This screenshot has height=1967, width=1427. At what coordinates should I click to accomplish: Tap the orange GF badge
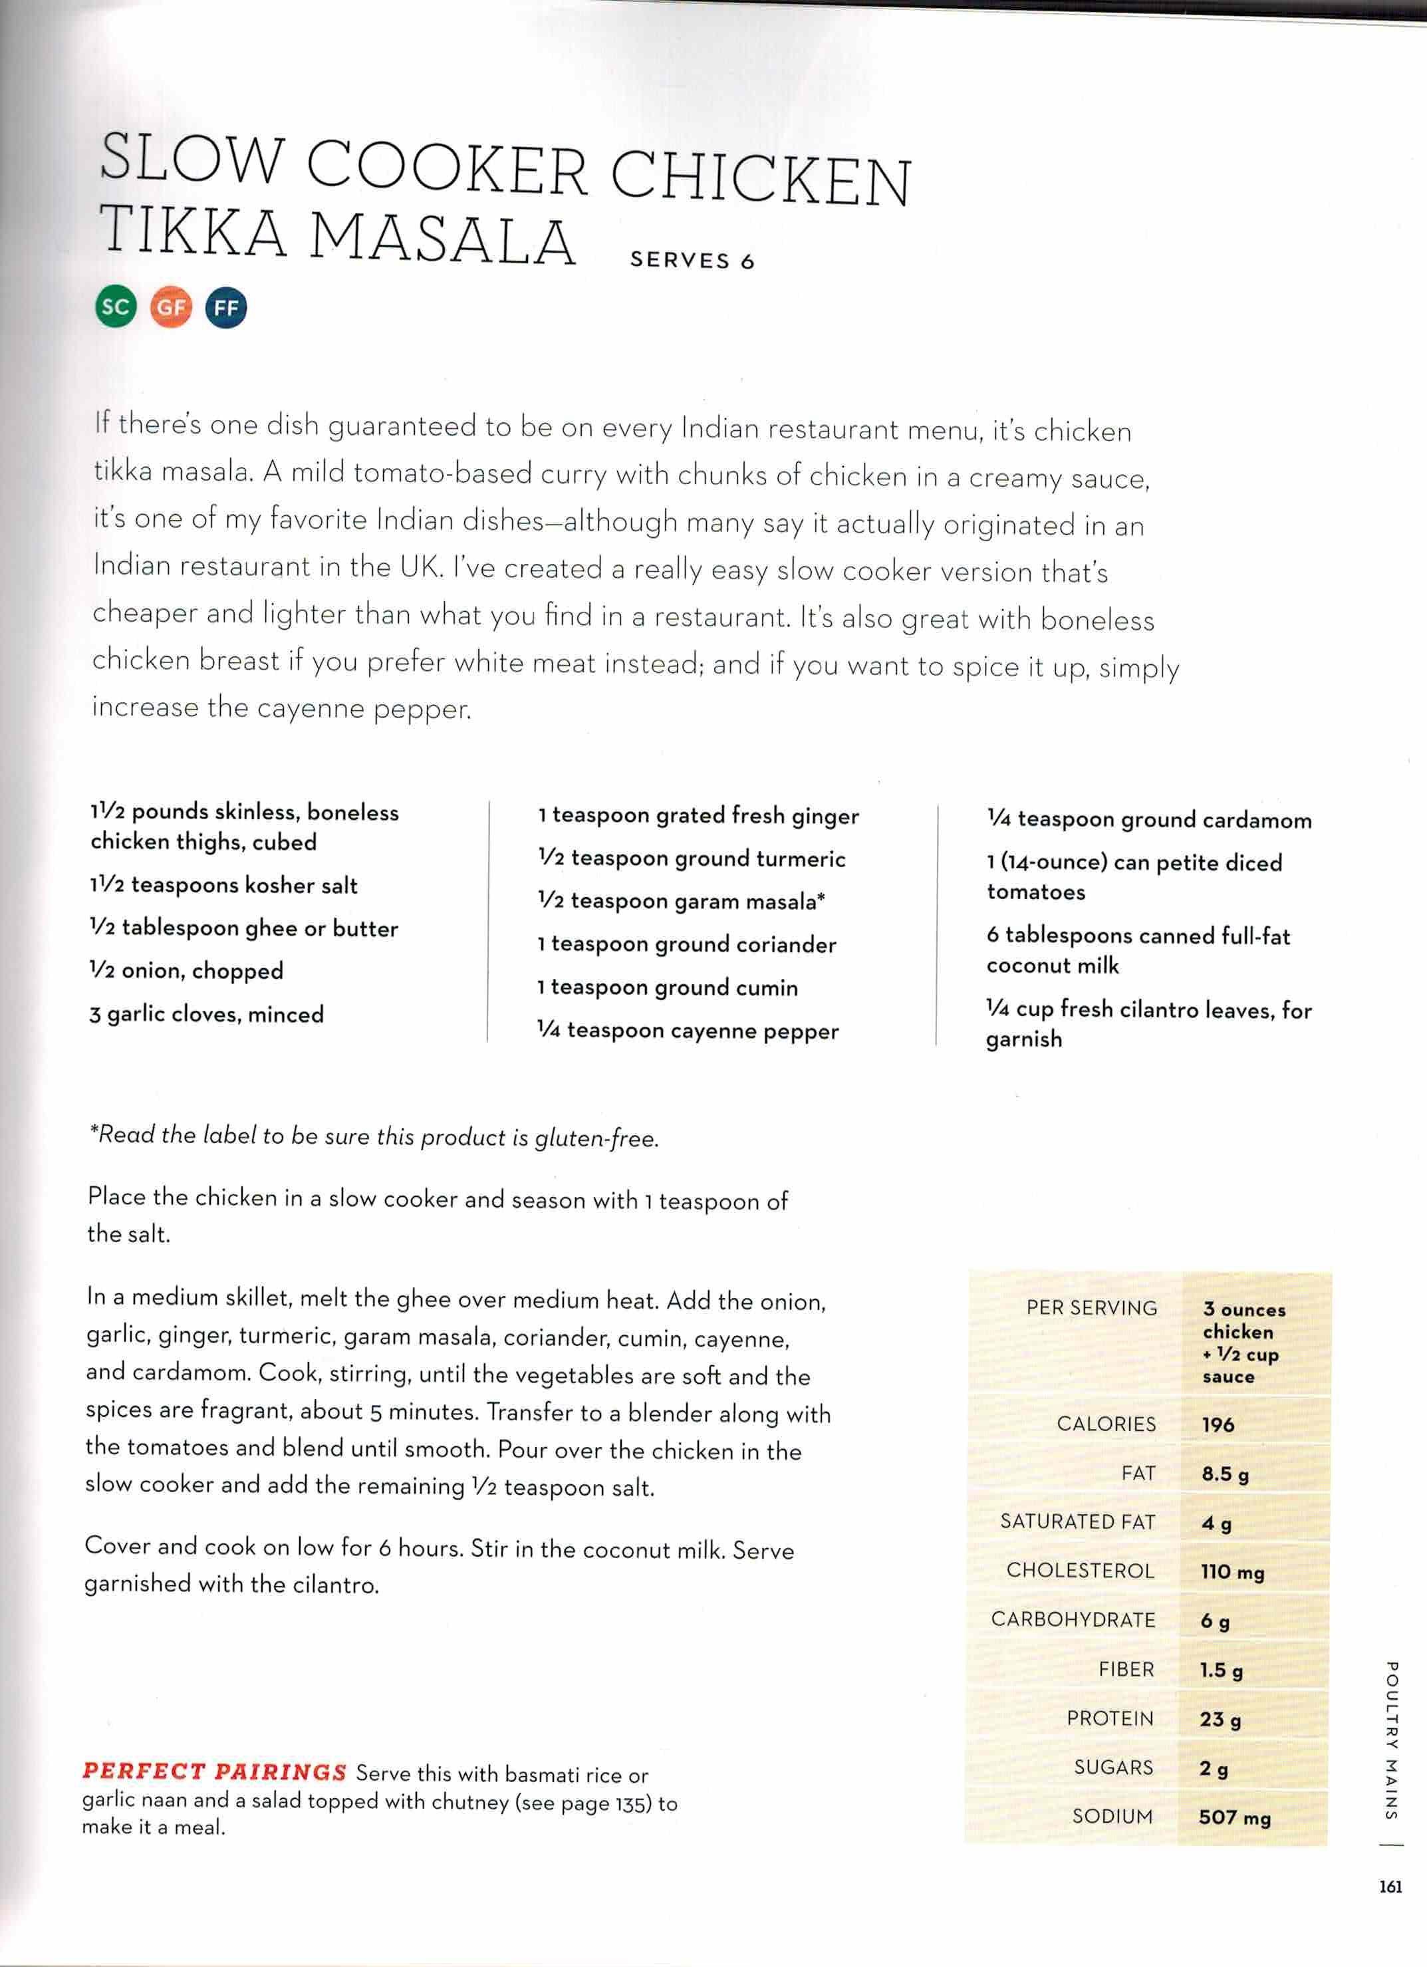(171, 307)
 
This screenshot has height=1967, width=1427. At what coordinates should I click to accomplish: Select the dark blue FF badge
(225, 308)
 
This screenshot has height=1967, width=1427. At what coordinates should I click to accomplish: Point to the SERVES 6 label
(692, 260)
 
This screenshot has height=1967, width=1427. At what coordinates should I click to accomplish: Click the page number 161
(1390, 1887)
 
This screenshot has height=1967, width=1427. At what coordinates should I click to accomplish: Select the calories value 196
(1218, 1424)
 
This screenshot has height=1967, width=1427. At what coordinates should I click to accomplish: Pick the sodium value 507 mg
(1234, 1817)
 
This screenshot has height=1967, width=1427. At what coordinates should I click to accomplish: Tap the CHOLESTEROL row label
(1080, 1571)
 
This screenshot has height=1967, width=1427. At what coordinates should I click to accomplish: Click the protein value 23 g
(1220, 1719)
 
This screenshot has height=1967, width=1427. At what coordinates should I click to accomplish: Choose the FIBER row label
(1126, 1670)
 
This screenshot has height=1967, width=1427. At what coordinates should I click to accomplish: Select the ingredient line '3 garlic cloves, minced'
(206, 1014)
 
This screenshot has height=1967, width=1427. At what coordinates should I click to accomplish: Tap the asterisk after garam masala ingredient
(821, 898)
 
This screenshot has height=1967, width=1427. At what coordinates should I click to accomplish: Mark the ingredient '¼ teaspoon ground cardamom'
(1148, 819)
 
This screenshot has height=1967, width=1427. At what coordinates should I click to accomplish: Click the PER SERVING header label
(1091, 1308)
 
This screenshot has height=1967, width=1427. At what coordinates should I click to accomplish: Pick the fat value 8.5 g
(1225, 1474)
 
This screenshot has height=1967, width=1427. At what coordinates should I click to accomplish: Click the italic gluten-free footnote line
(374, 1136)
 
